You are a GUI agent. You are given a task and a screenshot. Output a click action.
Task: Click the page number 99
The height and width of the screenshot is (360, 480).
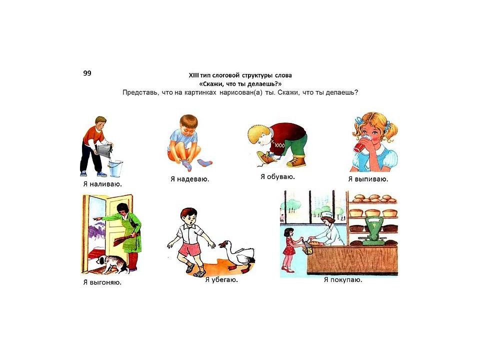click(x=87, y=73)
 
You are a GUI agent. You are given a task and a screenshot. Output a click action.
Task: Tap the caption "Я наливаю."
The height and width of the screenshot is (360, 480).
click(x=102, y=184)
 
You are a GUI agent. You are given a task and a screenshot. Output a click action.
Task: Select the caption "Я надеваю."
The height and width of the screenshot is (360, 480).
click(x=190, y=179)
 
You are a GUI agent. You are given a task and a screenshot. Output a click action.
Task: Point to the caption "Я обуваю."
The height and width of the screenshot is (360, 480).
click(x=277, y=176)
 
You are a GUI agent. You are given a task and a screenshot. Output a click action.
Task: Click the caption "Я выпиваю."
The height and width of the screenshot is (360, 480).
click(x=368, y=179)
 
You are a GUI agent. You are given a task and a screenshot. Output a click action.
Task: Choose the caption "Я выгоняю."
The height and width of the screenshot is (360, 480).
click(x=102, y=282)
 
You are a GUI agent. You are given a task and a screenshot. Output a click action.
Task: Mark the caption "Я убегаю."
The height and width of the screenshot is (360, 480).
click(x=221, y=280)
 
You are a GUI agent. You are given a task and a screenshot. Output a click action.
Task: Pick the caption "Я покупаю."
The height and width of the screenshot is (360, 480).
click(x=343, y=280)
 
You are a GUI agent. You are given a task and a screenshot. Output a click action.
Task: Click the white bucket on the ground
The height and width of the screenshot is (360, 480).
click(x=115, y=168)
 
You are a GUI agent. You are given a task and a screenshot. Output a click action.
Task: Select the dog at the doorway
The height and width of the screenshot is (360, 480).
click(x=112, y=264)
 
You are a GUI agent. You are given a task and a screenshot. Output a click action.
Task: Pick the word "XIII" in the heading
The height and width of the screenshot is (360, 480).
click(x=194, y=75)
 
